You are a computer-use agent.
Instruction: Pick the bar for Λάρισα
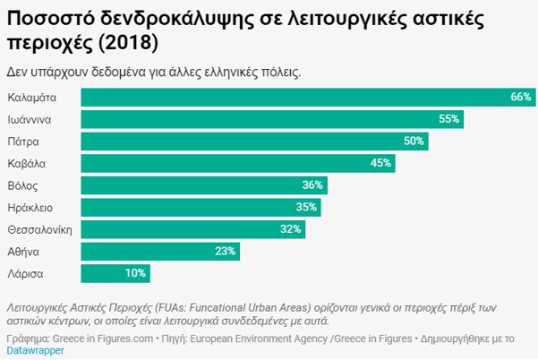click(115, 273)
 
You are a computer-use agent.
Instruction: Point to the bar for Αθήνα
click(161, 252)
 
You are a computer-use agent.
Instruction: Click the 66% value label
click(521, 97)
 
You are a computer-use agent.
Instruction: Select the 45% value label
click(380, 163)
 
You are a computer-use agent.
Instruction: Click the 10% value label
click(136, 273)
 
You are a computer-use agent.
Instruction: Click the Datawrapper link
click(35, 350)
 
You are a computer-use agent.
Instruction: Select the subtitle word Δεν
click(18, 72)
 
